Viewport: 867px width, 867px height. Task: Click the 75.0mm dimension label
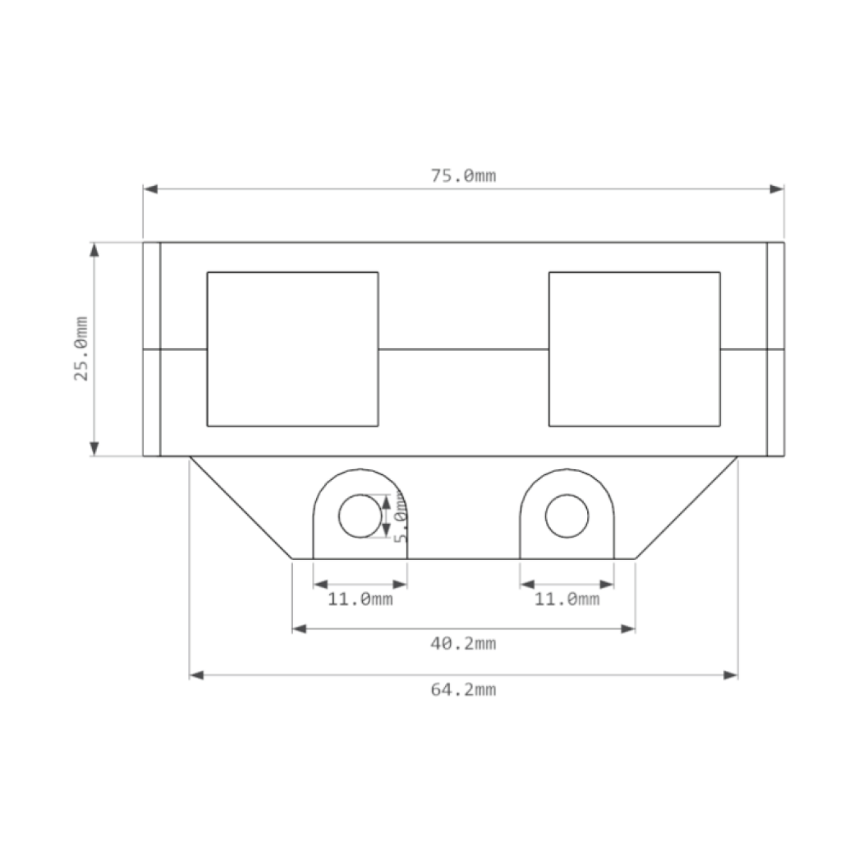click(x=464, y=176)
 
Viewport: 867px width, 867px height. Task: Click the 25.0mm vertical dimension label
click(x=82, y=349)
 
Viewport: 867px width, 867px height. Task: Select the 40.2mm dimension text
click(x=464, y=644)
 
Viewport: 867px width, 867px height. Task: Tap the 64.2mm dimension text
click(x=464, y=689)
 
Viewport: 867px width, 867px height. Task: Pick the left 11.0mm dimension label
click(x=360, y=600)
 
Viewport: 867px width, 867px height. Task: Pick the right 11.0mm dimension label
click(x=566, y=600)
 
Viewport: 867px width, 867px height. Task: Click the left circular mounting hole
click(x=360, y=516)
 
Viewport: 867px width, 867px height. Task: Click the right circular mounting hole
click(x=566, y=516)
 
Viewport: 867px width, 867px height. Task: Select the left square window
click(x=292, y=349)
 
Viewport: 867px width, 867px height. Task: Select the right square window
click(x=634, y=349)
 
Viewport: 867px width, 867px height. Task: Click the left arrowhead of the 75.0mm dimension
click(x=150, y=189)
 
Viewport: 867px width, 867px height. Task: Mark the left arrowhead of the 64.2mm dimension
click(x=196, y=675)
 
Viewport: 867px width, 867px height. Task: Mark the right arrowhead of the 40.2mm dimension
click(x=628, y=629)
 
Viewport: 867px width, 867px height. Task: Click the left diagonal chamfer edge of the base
click(x=241, y=508)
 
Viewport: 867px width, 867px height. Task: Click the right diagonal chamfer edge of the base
click(x=686, y=508)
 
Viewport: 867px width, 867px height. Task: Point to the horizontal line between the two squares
click(x=464, y=349)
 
